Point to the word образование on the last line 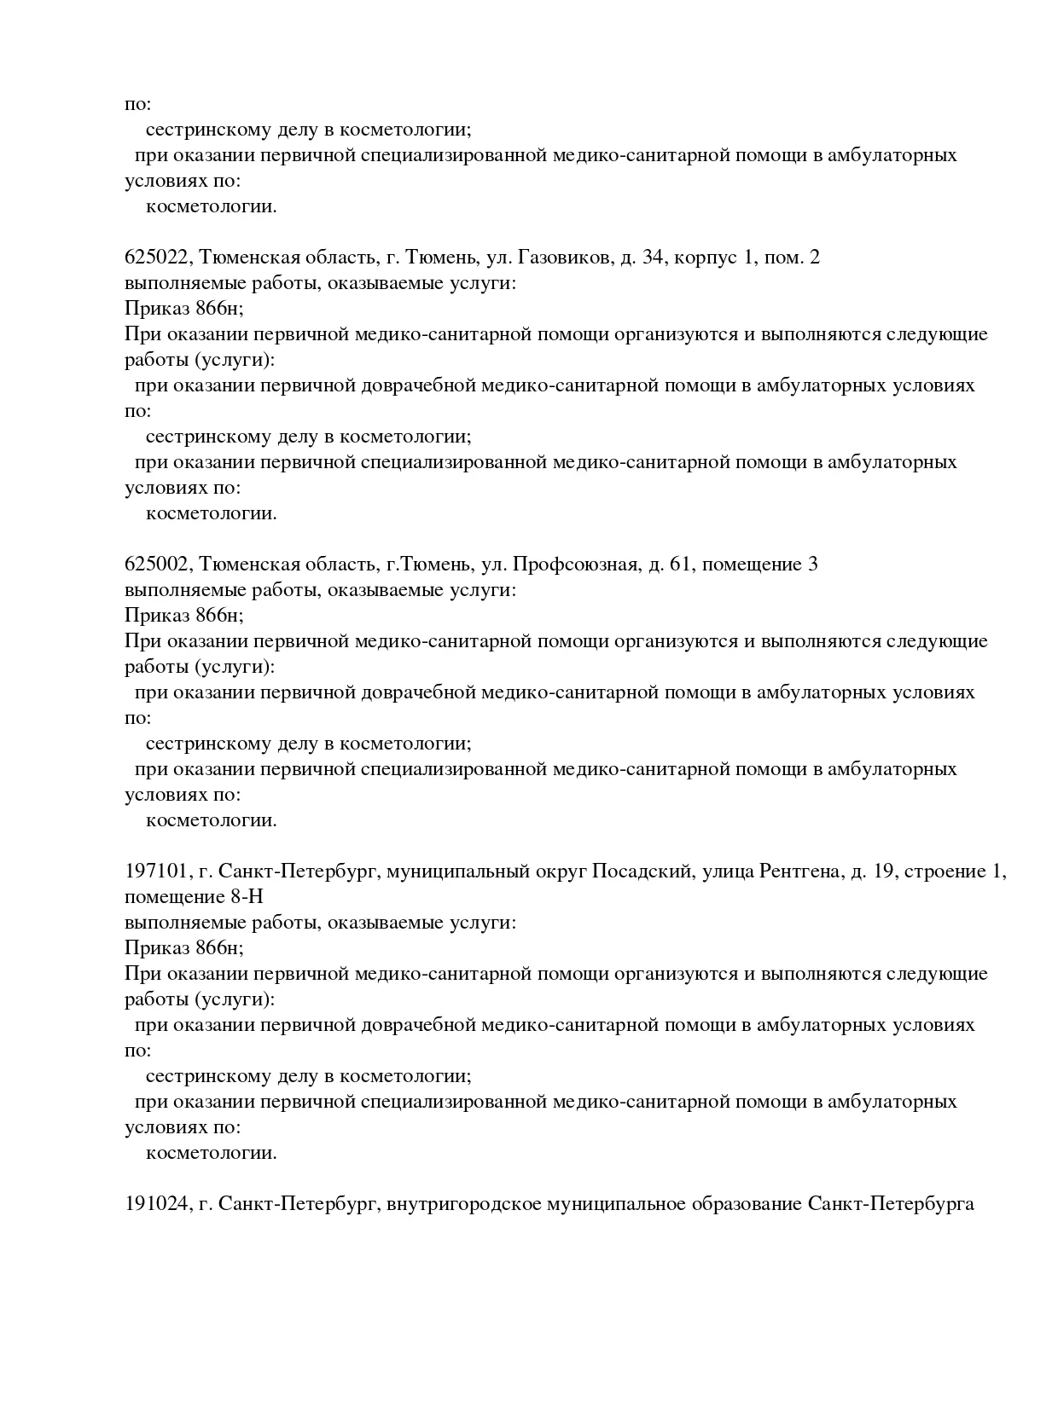[x=743, y=1204]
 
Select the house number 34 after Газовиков [x=653, y=258]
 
